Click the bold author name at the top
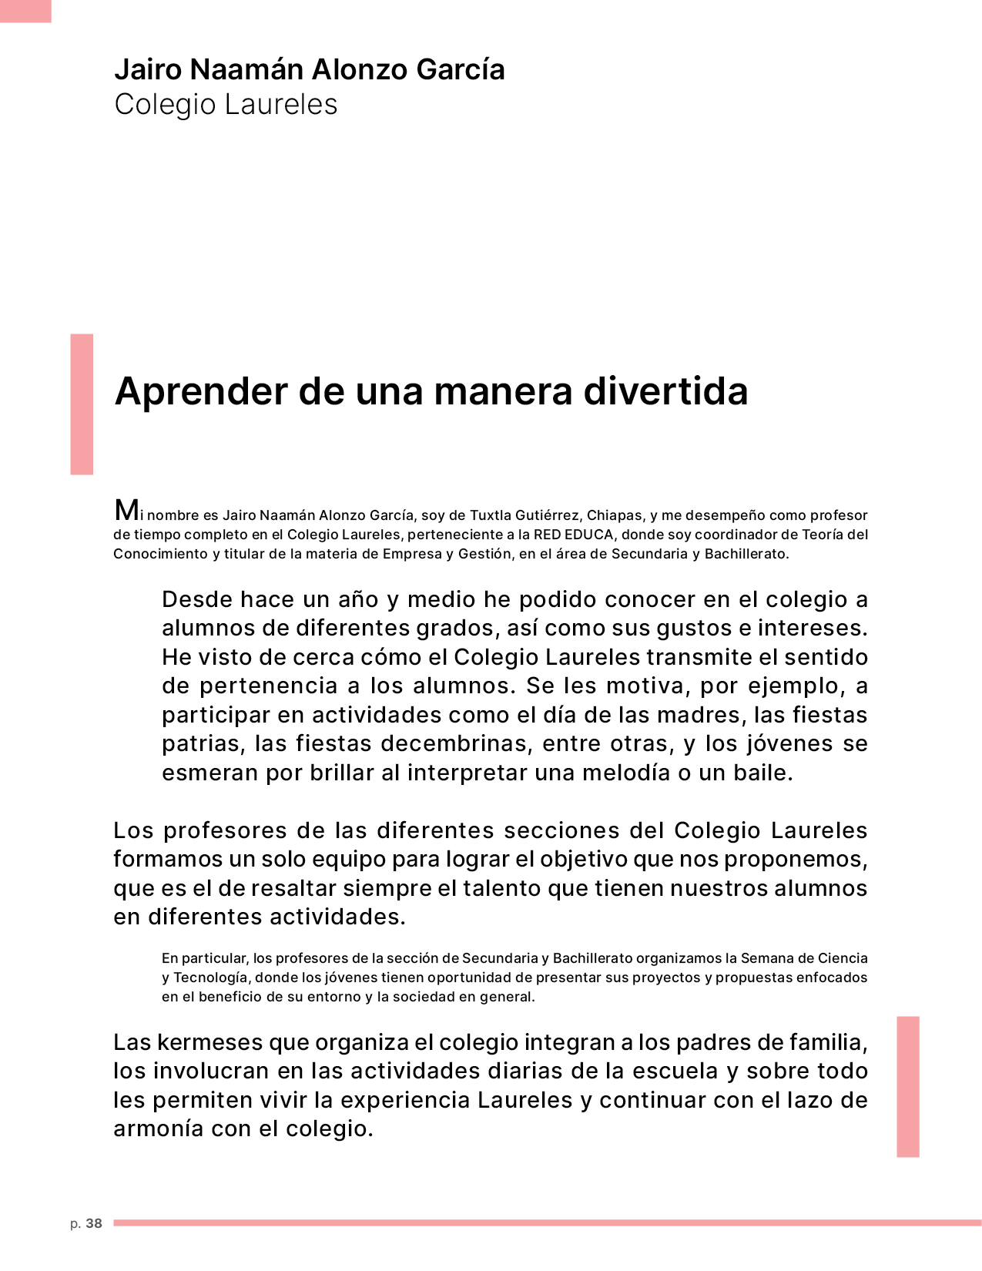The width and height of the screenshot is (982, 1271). (310, 69)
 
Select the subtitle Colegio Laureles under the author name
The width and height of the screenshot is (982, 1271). (226, 105)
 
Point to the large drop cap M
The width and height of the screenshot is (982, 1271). (126, 510)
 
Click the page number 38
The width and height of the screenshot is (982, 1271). (94, 1223)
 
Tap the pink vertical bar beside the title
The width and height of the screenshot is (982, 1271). (82, 404)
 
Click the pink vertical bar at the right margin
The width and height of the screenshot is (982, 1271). (908, 1086)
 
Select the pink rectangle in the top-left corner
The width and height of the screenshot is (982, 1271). (25, 11)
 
